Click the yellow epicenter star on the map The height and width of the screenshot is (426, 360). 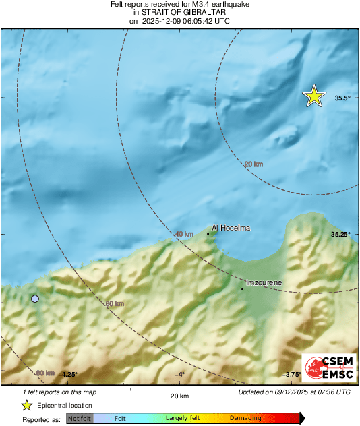point(313,96)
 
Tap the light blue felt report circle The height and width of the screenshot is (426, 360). point(35,298)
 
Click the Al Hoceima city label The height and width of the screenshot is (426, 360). point(231,228)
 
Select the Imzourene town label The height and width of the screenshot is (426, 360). point(264,282)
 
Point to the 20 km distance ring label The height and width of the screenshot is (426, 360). point(253,164)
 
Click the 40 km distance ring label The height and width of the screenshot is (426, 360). point(184,234)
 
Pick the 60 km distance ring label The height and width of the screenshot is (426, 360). point(115,304)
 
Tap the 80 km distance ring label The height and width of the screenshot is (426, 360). point(45,373)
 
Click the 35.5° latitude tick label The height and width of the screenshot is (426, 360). point(342,98)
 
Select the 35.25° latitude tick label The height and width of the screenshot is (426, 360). point(340,234)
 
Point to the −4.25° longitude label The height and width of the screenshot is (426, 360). point(67,375)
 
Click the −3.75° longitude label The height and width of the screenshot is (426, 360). point(291,375)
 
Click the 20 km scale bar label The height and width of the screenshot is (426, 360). point(179,396)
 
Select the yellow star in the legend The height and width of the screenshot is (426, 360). point(26,405)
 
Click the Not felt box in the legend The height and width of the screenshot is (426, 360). point(80,419)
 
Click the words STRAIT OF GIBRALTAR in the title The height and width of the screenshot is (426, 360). point(179,12)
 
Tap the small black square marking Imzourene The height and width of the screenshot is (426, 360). point(243,288)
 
